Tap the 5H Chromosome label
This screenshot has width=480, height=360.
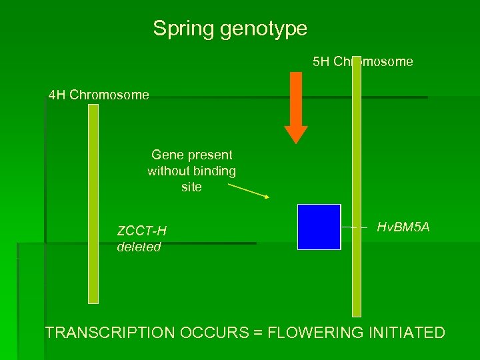click(363, 62)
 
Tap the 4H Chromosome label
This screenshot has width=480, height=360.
click(99, 95)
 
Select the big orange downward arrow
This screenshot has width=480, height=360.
click(296, 107)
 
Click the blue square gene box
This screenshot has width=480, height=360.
click(319, 227)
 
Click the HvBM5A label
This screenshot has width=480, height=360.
click(403, 228)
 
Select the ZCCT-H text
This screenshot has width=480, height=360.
click(141, 231)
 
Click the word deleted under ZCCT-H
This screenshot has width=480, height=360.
click(139, 247)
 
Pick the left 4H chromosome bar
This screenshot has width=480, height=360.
click(93, 203)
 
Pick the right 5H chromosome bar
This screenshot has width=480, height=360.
click(357, 187)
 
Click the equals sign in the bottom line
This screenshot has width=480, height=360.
click(258, 333)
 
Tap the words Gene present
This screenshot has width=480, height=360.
click(191, 155)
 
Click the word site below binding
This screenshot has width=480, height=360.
click(191, 187)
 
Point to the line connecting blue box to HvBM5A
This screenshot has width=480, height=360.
click(354, 227)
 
